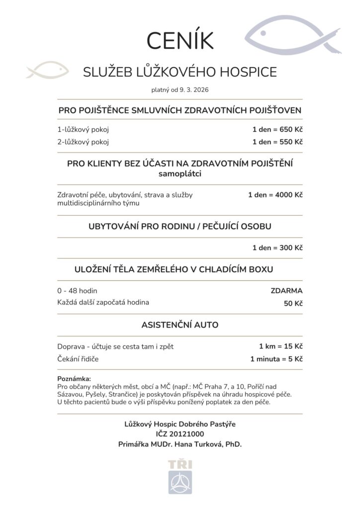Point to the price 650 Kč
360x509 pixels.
[291, 130]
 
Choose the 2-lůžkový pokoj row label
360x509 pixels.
[83, 142]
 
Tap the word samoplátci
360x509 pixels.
[180, 174]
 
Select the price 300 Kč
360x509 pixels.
[291, 248]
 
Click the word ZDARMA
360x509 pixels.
[287, 290]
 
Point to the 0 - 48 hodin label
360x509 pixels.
[77, 290]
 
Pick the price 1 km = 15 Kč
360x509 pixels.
[280, 346]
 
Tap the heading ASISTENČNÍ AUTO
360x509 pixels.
[180, 325]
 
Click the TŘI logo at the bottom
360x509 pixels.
[180, 477]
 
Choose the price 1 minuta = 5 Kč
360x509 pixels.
[276, 358]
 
